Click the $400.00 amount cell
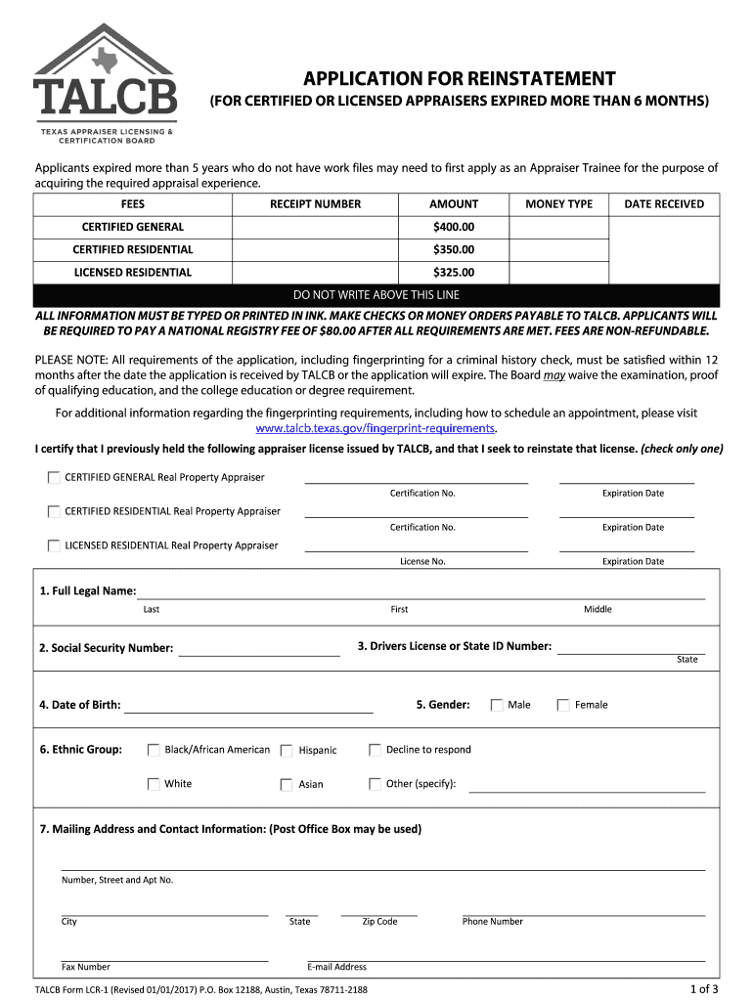pyautogui.click(x=454, y=227)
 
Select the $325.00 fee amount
pyautogui.click(x=454, y=273)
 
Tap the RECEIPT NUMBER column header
pyautogui.click(x=315, y=204)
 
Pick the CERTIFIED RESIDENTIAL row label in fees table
pyautogui.click(x=132, y=249)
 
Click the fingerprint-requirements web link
pyautogui.click(x=376, y=429)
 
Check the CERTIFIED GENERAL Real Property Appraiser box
pyautogui.click(x=53, y=478)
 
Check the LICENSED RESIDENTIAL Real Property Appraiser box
pyautogui.click(x=53, y=545)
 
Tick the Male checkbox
pyautogui.click(x=497, y=705)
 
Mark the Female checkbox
pyautogui.click(x=563, y=705)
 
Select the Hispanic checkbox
pyautogui.click(x=287, y=751)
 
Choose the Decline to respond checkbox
pyautogui.click(x=375, y=750)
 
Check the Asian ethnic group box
pyautogui.click(x=287, y=784)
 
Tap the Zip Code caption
pyautogui.click(x=379, y=922)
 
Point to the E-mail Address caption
pyautogui.click(x=336, y=967)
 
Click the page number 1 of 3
pyautogui.click(x=703, y=987)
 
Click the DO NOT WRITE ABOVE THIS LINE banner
pyautogui.click(x=376, y=295)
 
